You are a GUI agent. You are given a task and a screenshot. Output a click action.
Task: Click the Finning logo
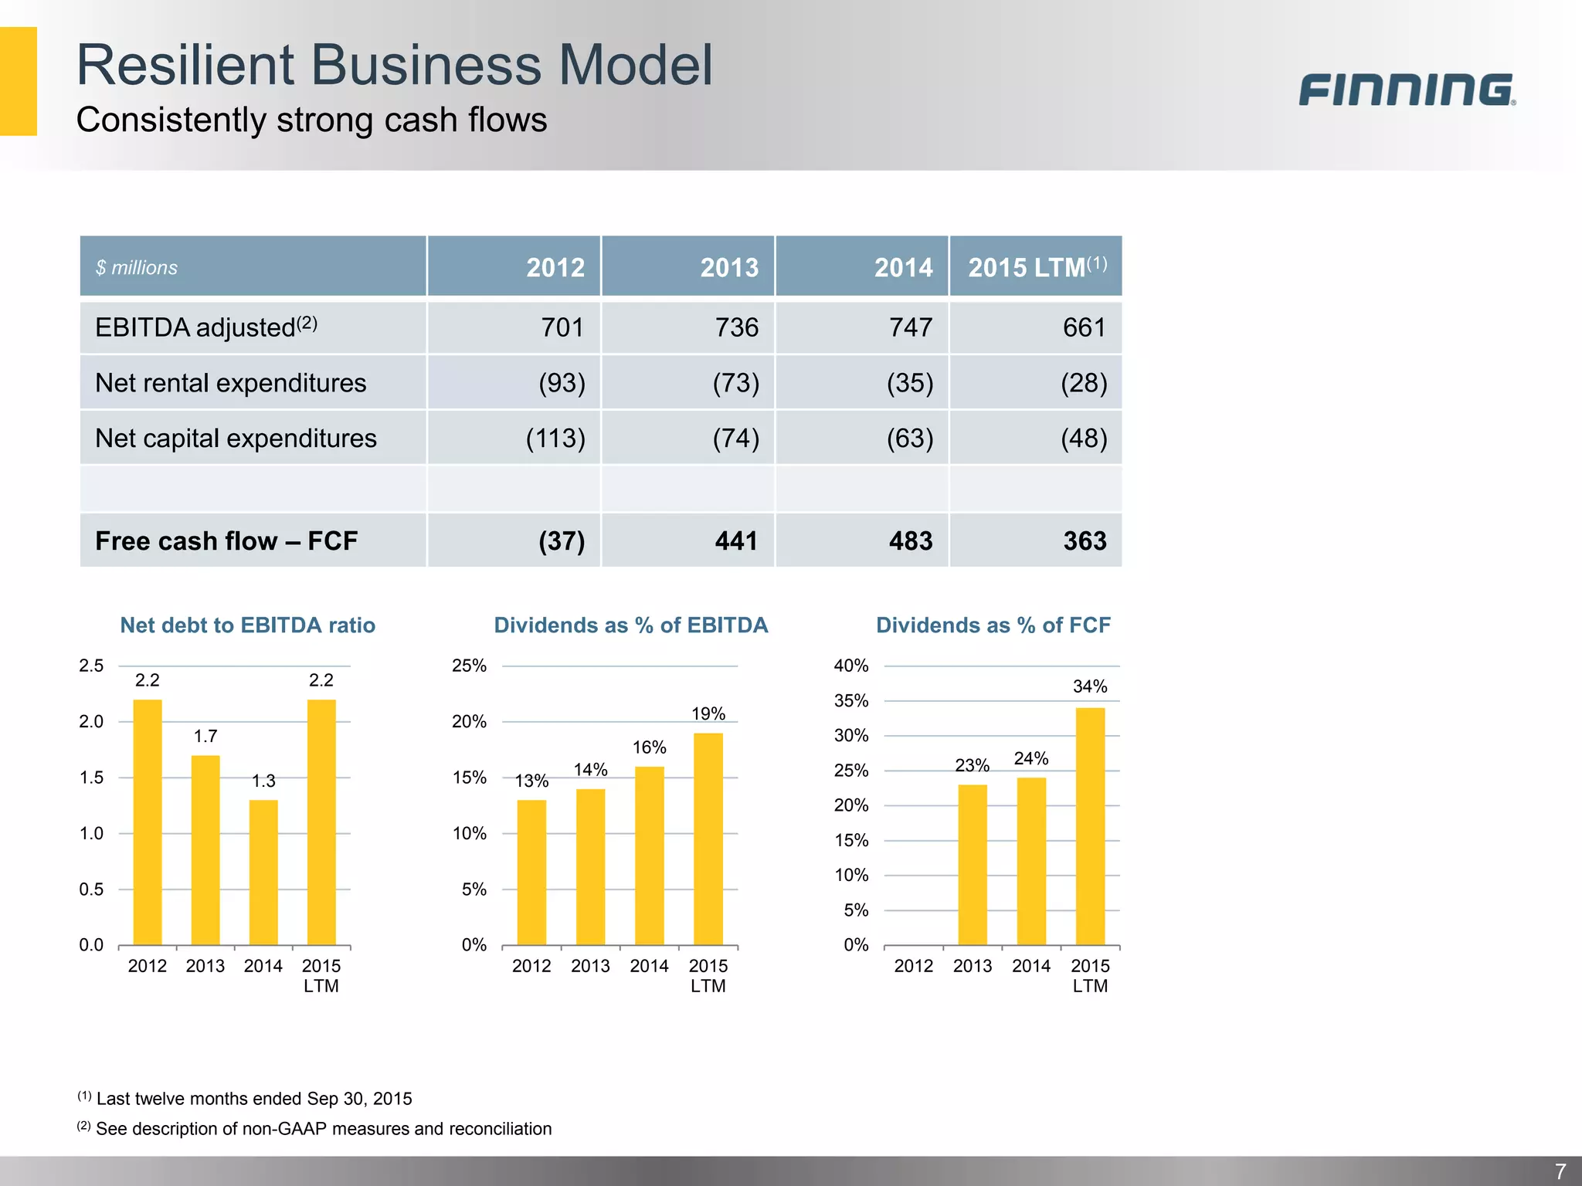[x=1406, y=90]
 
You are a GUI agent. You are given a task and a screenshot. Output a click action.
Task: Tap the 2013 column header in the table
[x=728, y=267]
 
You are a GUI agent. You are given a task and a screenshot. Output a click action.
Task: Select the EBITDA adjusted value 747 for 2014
[x=910, y=327]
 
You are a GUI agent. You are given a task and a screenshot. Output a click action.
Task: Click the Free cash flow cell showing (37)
[x=562, y=540]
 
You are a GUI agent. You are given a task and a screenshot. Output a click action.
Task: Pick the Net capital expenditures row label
[x=236, y=439]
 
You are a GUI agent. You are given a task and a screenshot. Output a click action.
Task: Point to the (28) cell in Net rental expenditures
[x=1083, y=383]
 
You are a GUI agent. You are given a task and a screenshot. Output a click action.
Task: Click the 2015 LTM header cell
[x=1036, y=267]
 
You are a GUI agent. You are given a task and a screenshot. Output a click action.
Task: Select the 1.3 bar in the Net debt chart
[x=263, y=873]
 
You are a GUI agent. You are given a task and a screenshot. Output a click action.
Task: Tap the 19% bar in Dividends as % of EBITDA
[x=708, y=839]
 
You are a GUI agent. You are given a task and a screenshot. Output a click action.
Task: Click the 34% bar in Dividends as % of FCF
[x=1090, y=826]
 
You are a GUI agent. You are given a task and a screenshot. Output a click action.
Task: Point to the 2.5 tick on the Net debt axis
[x=91, y=666]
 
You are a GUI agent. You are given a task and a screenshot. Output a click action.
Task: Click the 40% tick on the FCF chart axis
[x=851, y=666]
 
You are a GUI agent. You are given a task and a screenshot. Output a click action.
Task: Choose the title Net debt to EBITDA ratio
[x=247, y=625]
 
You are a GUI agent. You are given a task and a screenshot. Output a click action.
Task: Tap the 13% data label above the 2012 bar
[x=531, y=781]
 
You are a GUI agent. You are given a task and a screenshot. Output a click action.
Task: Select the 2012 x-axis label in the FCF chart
[x=913, y=966]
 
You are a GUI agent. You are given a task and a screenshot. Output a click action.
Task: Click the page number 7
[x=1560, y=1171]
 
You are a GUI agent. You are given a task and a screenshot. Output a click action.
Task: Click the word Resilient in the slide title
[x=185, y=65]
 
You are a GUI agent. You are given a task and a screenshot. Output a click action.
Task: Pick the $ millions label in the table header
[x=137, y=268]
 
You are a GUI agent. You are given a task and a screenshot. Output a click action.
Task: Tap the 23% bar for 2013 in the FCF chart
[x=973, y=865]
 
